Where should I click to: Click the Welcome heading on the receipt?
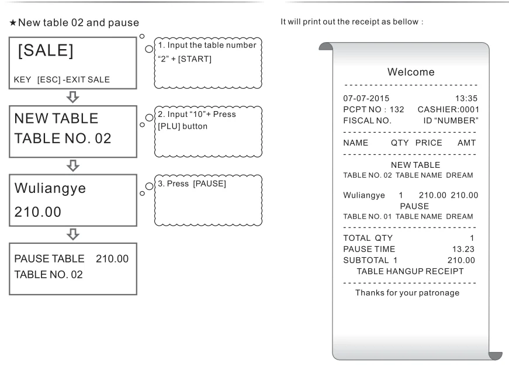[411, 72]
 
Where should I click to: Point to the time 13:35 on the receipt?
[467, 98]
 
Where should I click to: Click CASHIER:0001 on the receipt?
[448, 109]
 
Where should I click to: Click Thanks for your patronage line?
[407, 292]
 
